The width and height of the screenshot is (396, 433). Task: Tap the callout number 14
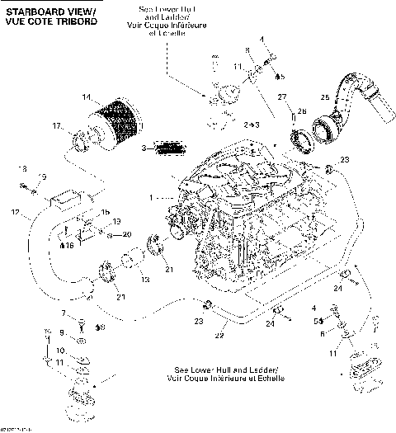87,98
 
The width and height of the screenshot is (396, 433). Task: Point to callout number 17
57,126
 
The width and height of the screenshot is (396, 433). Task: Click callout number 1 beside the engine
151,198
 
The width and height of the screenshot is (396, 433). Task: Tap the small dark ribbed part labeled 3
169,148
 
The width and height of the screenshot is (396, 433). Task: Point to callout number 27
280,97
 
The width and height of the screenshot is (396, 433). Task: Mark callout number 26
301,111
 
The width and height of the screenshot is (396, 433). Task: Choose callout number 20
126,234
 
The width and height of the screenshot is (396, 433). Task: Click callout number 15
105,212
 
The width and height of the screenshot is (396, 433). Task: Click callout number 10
60,350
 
